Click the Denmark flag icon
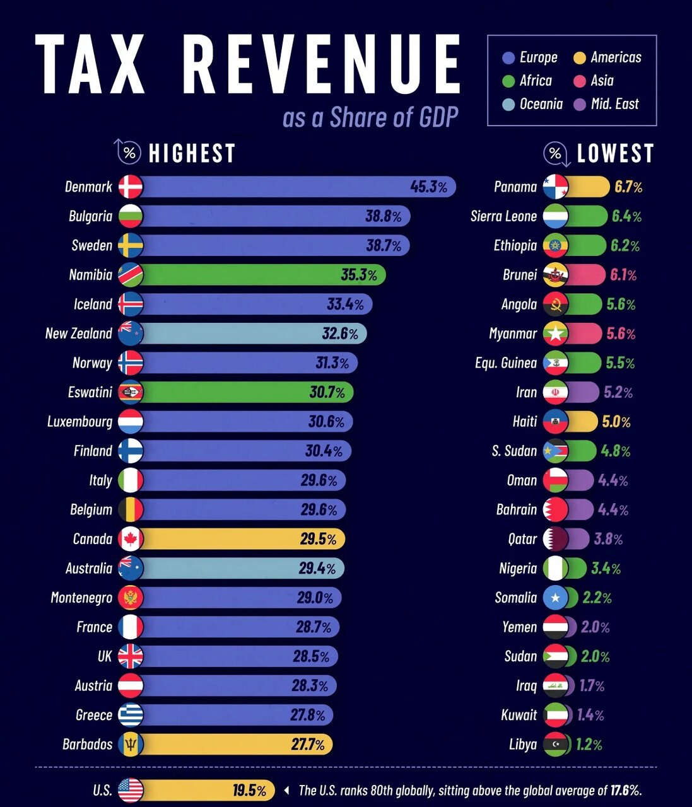[131, 187]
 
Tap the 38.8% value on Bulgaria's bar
[384, 216]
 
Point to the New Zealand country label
[79, 334]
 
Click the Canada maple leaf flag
[131, 539]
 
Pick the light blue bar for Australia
[241, 568]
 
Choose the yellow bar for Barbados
[235, 744]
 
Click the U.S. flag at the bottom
[131, 790]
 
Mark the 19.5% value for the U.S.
[249, 791]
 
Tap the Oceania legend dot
[508, 104]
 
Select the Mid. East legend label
[614, 104]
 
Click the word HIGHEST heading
[192, 153]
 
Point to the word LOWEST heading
[616, 153]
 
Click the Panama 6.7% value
[628, 187]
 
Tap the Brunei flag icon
[555, 275]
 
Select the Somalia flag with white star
[555, 598]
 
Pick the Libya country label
[523, 745]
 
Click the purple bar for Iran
[582, 392]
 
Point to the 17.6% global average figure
[625, 791]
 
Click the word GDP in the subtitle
[438, 117]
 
